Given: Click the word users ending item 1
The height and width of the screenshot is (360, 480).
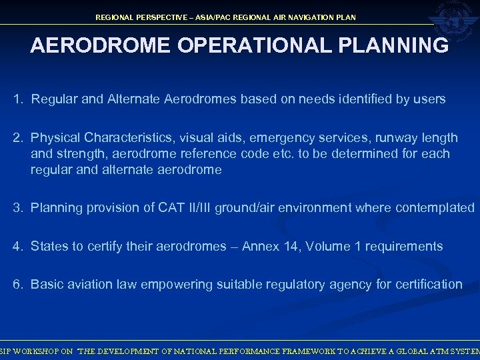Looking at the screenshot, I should point(430,100).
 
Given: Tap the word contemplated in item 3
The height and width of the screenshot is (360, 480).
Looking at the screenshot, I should point(434,208).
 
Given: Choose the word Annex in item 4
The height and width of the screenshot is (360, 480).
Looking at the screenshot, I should point(261,247).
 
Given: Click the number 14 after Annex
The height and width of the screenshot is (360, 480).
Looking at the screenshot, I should point(292,247).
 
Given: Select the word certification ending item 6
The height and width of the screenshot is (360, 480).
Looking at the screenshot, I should point(426,285).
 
